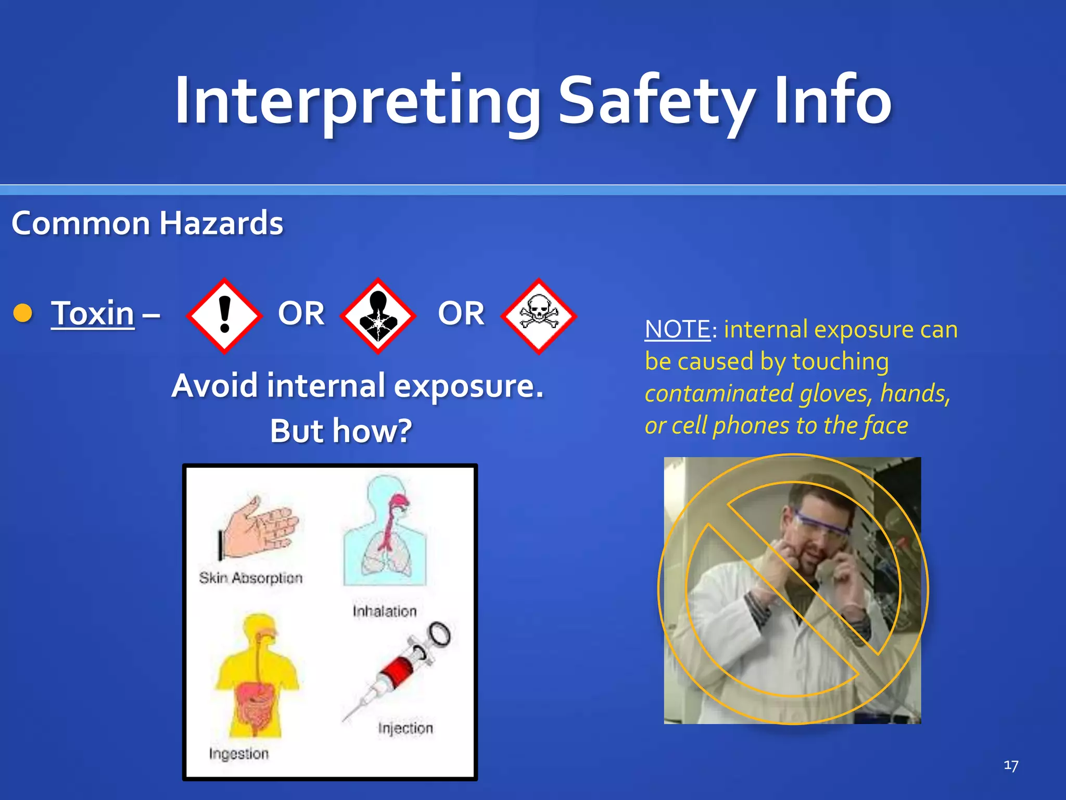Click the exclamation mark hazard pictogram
(224, 316)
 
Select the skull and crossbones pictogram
(539, 316)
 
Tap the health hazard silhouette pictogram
(378, 316)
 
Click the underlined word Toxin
(93, 314)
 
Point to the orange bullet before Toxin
(23, 313)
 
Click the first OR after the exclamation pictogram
(301, 314)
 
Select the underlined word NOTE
(677, 330)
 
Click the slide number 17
(1010, 765)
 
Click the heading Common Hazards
(147, 223)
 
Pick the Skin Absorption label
(250, 578)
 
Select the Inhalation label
(385, 611)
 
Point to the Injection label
(405, 728)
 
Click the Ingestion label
(239, 753)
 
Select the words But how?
(341, 431)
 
